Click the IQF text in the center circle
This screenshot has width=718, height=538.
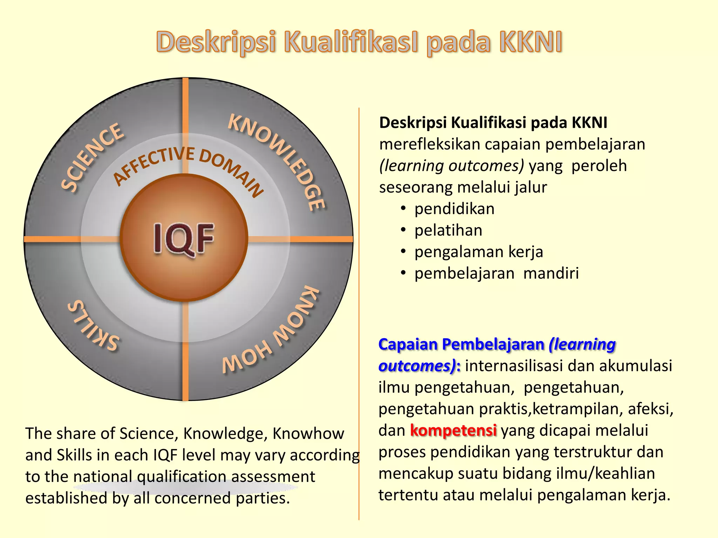[x=184, y=238]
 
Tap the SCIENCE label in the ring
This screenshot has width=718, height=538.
[x=93, y=158]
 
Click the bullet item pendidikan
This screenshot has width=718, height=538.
[x=454, y=209]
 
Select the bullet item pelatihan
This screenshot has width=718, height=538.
[x=448, y=230]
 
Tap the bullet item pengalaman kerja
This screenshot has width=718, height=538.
[x=479, y=252]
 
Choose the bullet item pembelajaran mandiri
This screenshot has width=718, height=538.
[x=496, y=274]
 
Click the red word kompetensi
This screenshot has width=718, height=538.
[x=453, y=430]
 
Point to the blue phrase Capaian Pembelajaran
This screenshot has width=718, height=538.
[x=461, y=344]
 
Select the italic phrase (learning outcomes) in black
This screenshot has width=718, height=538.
[x=452, y=166]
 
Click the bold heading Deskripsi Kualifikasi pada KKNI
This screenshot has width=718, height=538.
[x=493, y=123]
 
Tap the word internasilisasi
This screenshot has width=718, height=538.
[x=514, y=366]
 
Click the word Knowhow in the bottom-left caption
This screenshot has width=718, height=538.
[x=308, y=434]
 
